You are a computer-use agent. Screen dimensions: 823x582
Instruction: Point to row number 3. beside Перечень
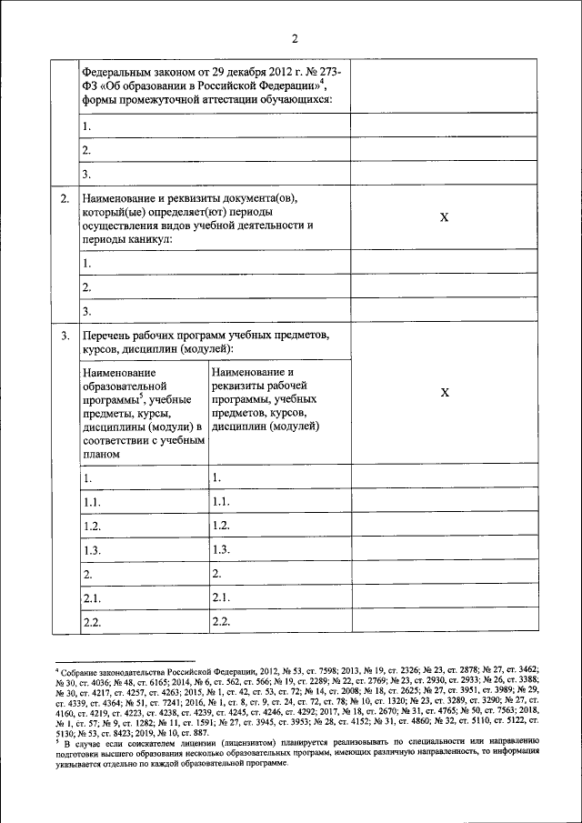pos(65,336)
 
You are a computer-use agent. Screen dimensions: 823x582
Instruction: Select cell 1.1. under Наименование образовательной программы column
pos(91,501)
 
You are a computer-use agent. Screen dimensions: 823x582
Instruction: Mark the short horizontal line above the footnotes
pos(125,661)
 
